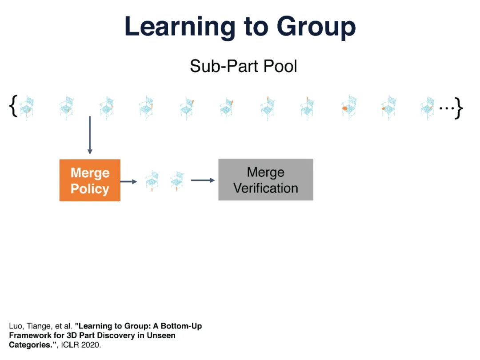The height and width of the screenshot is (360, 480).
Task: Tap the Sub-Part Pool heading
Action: click(x=243, y=66)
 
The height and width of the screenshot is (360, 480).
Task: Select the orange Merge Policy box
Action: click(x=90, y=180)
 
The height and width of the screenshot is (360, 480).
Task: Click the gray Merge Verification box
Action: click(x=265, y=180)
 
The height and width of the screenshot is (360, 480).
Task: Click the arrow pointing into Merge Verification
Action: click(x=203, y=180)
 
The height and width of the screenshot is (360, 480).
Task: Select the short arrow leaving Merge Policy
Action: click(x=128, y=181)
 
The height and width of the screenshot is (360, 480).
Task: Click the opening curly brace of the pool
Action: click(x=13, y=108)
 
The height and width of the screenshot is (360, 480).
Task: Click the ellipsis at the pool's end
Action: click(x=446, y=108)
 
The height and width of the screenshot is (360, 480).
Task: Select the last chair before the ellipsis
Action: click(x=428, y=108)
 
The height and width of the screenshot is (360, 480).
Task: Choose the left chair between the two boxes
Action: click(x=152, y=180)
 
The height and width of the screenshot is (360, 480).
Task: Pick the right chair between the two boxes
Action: click(x=177, y=180)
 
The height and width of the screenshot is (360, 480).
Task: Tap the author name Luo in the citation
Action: click(x=15, y=326)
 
